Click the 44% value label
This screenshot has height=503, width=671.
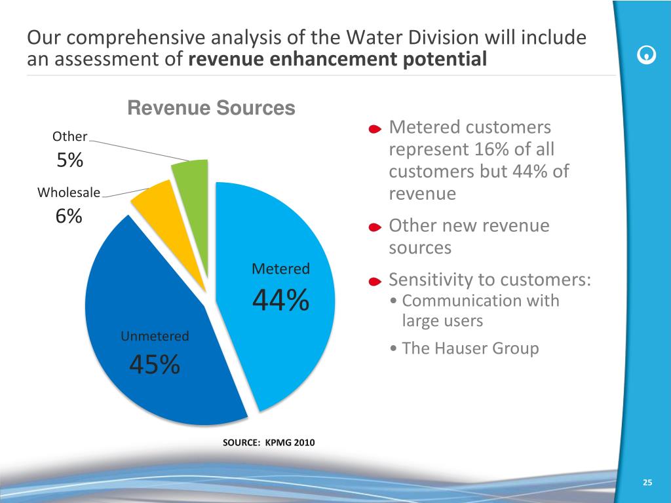tap(280, 302)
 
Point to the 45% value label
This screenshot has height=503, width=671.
tap(155, 365)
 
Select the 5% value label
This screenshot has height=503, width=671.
tap(69, 160)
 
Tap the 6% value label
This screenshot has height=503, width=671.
tap(69, 216)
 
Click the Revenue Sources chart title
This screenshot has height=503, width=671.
tap(211, 108)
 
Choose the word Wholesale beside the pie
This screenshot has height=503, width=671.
tap(69, 193)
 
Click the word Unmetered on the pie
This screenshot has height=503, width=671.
tap(155, 337)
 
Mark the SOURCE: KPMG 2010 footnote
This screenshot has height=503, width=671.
tap(269, 443)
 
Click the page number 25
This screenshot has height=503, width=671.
tap(647, 483)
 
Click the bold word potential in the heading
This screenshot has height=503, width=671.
tap(448, 60)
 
